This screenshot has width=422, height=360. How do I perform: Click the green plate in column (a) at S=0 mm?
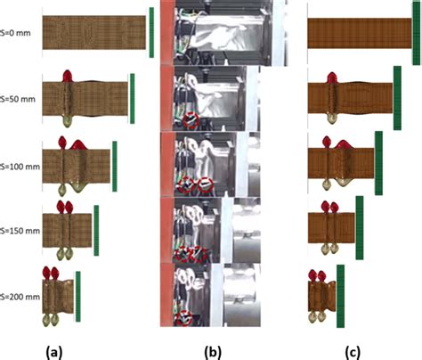point(151,33)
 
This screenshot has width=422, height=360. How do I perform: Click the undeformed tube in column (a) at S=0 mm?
point(93,33)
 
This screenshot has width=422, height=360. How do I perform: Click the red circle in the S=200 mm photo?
point(185,318)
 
